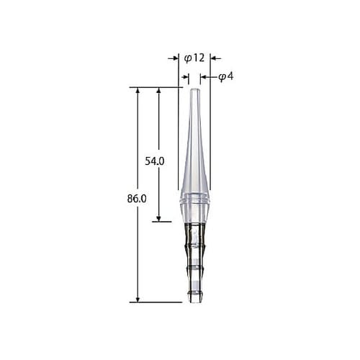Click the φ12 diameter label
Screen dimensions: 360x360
click(x=194, y=58)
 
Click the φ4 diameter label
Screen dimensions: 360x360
click(x=226, y=77)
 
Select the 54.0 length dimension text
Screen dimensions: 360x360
click(x=155, y=161)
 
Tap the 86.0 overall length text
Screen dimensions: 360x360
click(x=137, y=199)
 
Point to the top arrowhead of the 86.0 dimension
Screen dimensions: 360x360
click(x=138, y=90)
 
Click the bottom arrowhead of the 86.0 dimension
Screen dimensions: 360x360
click(x=138, y=300)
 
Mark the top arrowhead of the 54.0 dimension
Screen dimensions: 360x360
click(x=158, y=90)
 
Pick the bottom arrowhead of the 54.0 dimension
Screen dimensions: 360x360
click(x=158, y=218)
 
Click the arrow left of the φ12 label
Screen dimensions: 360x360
click(x=174, y=58)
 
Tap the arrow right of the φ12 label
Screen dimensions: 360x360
click(x=216, y=58)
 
